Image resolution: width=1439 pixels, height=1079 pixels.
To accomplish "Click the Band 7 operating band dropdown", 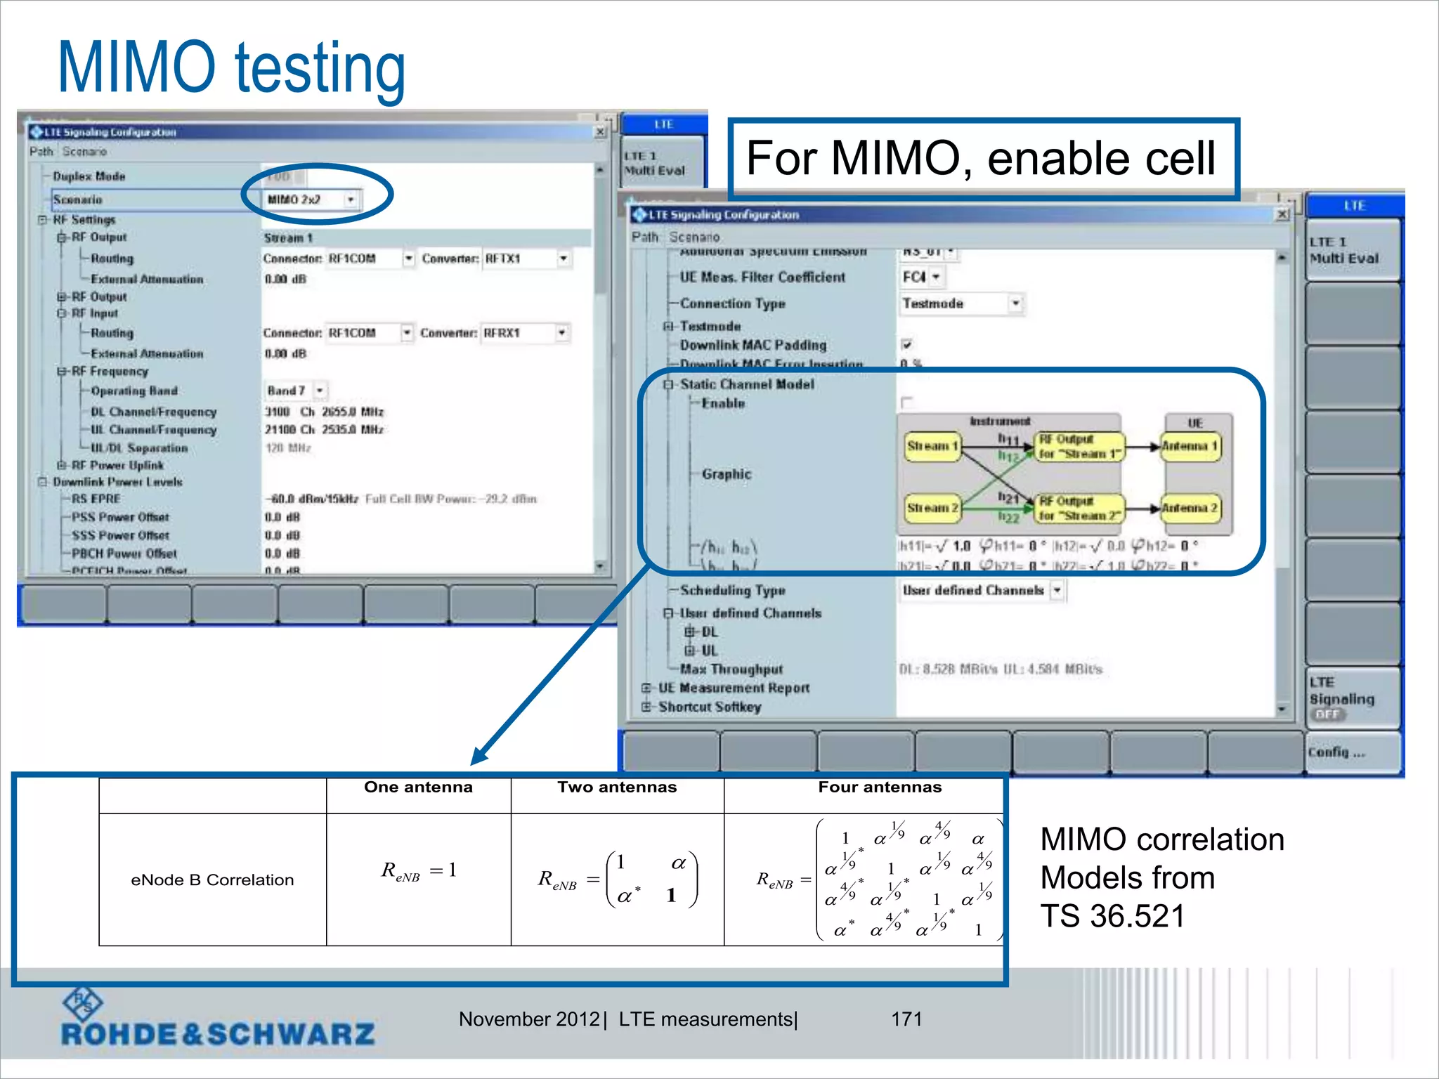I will (x=296, y=390).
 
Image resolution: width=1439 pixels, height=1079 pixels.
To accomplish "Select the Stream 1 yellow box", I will (x=932, y=446).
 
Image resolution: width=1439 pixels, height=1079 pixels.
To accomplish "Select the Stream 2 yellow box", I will (x=932, y=507).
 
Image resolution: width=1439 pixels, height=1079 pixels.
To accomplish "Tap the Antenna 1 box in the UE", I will (x=1190, y=446).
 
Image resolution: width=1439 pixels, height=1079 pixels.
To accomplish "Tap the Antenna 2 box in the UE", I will (x=1190, y=507).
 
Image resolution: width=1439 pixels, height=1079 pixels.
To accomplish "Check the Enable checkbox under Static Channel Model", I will (x=906, y=403).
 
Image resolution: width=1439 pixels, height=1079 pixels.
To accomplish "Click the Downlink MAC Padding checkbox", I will (x=906, y=344).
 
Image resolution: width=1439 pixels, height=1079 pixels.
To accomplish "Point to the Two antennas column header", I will (x=617, y=787).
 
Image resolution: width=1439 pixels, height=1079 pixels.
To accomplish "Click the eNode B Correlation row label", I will (x=212, y=879).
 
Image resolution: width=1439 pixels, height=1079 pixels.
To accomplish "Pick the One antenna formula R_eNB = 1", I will (x=419, y=871).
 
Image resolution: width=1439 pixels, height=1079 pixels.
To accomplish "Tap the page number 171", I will (x=906, y=1019).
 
